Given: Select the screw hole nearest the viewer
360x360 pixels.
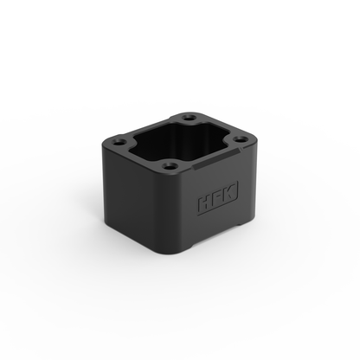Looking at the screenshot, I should tap(171, 165).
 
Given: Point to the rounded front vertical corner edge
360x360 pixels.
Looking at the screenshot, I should tap(177, 216).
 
